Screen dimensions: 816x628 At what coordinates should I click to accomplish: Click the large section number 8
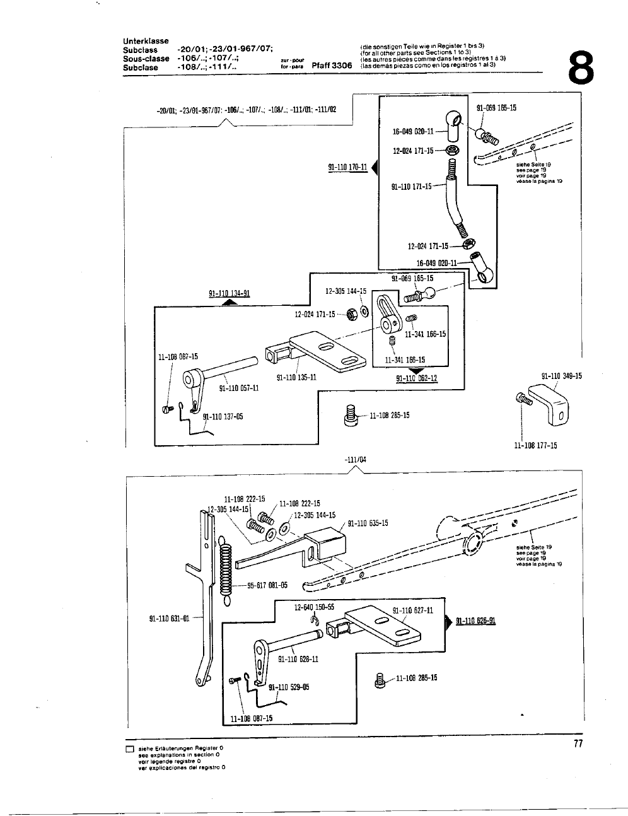coord(581,67)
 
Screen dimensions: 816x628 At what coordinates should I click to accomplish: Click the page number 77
coord(578,744)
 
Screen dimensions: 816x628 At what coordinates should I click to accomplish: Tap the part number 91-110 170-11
coord(347,167)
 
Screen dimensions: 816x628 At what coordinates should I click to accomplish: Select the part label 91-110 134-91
coord(230,293)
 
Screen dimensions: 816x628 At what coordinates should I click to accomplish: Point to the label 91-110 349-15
coord(561,376)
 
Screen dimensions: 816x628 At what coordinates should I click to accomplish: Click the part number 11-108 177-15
coord(536,445)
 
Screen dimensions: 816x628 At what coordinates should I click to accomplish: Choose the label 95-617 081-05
coord(267,585)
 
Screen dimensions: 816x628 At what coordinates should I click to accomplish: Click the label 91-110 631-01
coord(169,618)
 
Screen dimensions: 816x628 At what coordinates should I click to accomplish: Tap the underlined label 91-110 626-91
coord(475,621)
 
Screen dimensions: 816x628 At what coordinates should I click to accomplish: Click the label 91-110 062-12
coord(416,378)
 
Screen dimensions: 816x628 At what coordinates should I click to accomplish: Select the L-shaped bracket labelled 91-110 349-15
coord(545,405)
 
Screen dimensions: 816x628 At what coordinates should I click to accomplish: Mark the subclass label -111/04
coord(356,460)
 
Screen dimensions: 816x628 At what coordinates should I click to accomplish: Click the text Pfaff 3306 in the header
coord(332,66)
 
